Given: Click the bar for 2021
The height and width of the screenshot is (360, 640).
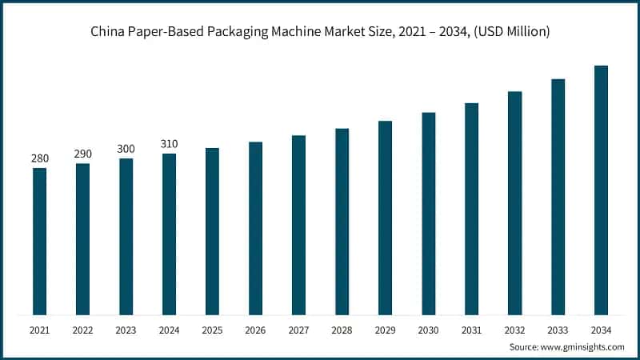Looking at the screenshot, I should pyautogui.click(x=39, y=241).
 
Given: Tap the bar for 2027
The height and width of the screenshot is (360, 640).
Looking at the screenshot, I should pyautogui.click(x=298, y=225).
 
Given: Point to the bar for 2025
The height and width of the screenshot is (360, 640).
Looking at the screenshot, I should pyautogui.click(x=212, y=231).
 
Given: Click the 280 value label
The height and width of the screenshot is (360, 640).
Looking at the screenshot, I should pyautogui.click(x=39, y=158).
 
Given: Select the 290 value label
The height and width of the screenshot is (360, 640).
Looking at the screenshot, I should pyautogui.click(x=82, y=154).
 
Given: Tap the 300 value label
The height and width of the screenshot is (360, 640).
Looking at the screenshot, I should pyautogui.click(x=126, y=149).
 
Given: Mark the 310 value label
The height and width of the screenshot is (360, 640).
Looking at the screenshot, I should pyautogui.click(x=169, y=144).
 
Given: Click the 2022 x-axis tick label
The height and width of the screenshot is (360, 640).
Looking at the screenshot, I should pyautogui.click(x=82, y=330).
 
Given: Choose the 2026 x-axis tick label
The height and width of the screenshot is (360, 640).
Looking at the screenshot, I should pyautogui.click(x=255, y=330).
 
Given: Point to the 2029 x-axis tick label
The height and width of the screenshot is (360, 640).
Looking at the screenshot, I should pyautogui.click(x=385, y=330).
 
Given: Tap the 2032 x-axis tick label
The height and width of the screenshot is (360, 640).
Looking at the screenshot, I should pyautogui.click(x=514, y=330).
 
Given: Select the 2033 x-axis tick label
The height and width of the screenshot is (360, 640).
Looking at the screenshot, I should pyautogui.click(x=558, y=330).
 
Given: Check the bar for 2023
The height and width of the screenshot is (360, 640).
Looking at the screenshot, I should pyautogui.click(x=126, y=236).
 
